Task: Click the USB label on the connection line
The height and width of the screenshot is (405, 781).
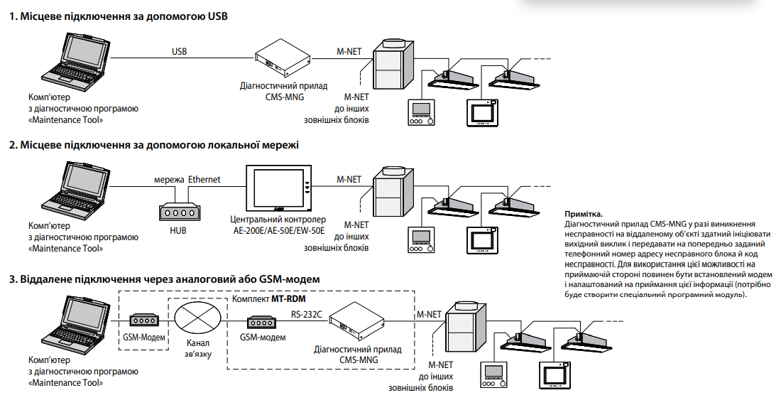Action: click(179, 52)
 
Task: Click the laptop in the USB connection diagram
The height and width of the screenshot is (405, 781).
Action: click(74, 60)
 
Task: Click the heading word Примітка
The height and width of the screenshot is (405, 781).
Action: click(584, 214)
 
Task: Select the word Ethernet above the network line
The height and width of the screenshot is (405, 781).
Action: click(204, 180)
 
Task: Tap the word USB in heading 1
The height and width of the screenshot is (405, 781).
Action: click(217, 16)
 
